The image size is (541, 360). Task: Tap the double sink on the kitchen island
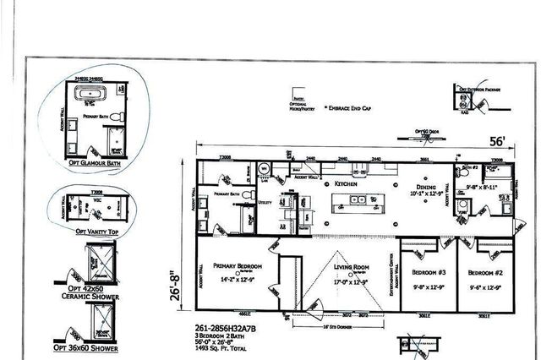[x=359, y=200]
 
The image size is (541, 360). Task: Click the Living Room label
[x=352, y=266]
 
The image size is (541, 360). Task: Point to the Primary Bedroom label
[x=238, y=265]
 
